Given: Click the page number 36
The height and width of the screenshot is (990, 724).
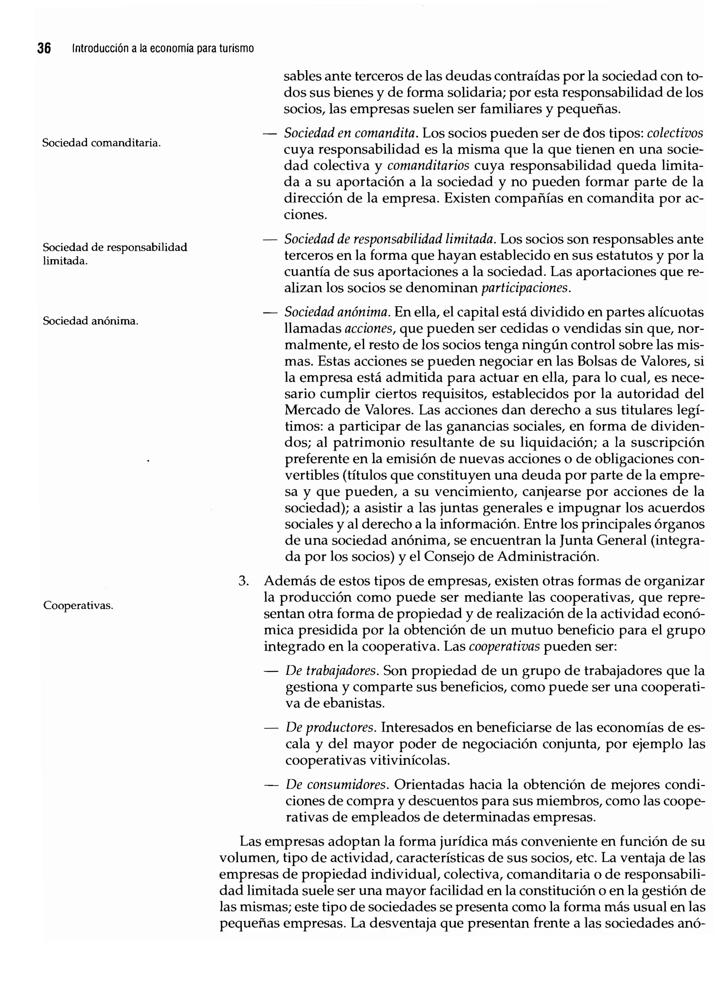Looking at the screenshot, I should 44,48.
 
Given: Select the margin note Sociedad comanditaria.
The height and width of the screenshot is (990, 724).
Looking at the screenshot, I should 101,143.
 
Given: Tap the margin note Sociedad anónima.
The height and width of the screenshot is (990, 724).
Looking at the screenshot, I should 90,321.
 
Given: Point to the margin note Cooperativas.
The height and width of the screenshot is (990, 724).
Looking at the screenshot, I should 78,606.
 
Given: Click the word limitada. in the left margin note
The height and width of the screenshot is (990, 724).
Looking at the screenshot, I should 65,261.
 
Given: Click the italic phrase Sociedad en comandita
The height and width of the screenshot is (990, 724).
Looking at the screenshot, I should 351,133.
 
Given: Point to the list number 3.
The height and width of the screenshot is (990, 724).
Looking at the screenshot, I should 244,581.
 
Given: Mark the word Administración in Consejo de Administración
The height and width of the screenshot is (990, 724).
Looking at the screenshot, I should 548,557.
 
